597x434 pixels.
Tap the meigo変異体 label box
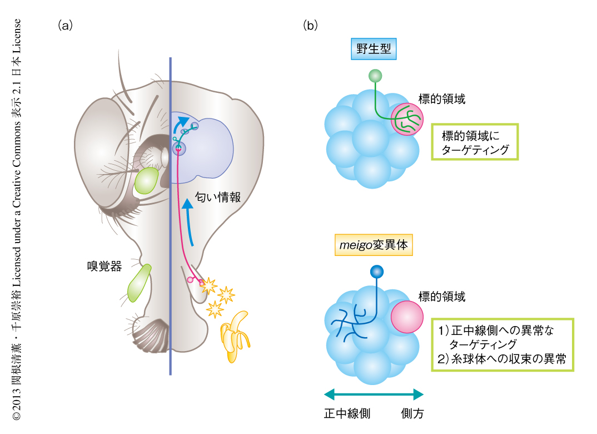[374, 245]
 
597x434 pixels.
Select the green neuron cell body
[375, 75]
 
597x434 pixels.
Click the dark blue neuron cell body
[377, 272]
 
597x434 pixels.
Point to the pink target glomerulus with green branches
[407, 120]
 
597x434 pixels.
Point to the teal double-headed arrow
[374, 394]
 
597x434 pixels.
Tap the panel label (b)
[310, 26]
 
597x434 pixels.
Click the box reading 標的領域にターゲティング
[475, 142]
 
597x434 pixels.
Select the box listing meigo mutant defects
[502, 344]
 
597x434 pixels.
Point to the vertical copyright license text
[17, 217]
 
